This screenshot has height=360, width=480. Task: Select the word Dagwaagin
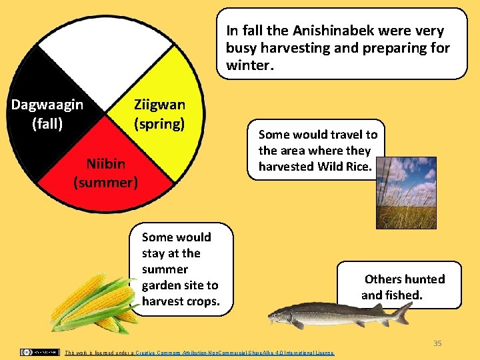(x=47, y=105)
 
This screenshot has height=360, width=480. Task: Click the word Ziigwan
(x=159, y=105)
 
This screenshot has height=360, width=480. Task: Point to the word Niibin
(x=105, y=164)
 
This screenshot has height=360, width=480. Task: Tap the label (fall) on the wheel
(x=47, y=123)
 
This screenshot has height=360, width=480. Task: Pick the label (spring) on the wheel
(x=159, y=123)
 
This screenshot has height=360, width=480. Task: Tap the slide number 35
(x=437, y=343)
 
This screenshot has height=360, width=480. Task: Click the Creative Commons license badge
(x=39, y=351)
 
